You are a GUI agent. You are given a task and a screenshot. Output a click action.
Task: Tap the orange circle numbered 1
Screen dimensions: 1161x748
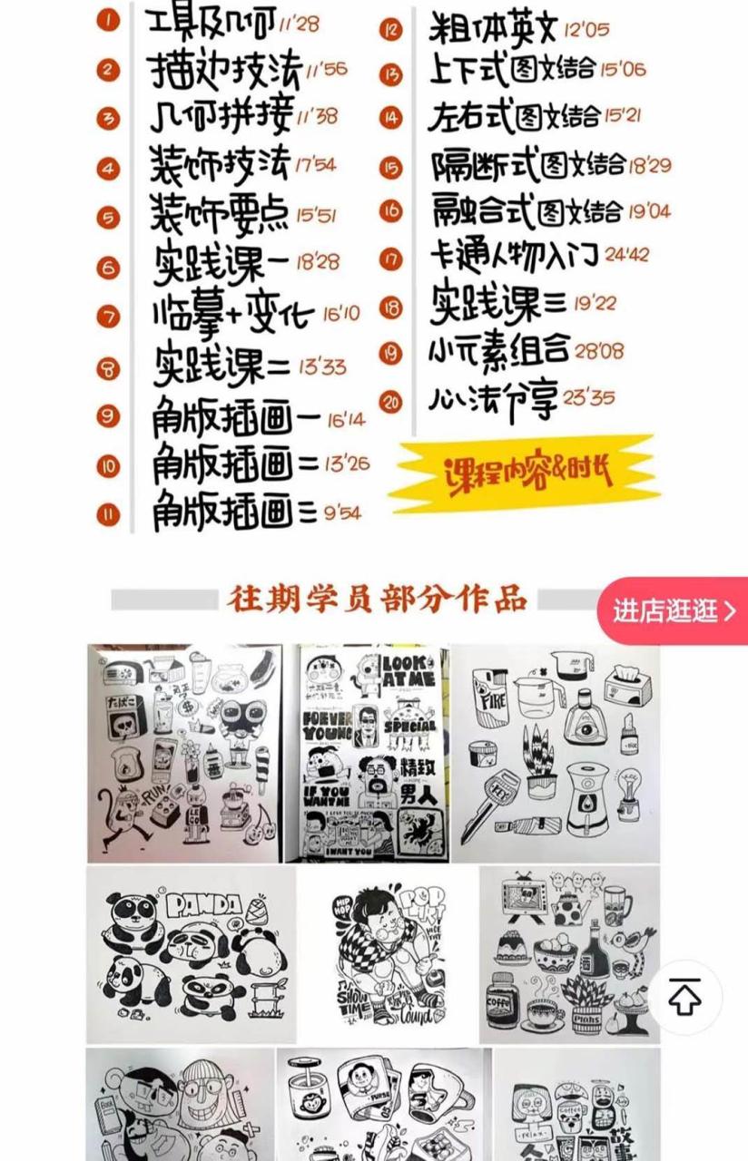(x=108, y=19)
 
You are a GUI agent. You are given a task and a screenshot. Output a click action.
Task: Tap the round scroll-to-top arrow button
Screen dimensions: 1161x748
(x=684, y=998)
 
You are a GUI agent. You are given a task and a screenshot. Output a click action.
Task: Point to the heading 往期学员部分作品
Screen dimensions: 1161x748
(x=377, y=600)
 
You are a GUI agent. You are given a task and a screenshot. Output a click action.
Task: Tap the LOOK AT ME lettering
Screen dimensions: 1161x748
(x=408, y=668)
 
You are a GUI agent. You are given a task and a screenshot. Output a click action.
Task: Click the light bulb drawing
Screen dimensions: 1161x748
(x=628, y=789)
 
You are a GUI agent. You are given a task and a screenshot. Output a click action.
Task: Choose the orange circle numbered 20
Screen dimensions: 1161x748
(x=391, y=402)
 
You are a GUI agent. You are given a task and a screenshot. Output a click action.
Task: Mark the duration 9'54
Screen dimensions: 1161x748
(x=340, y=513)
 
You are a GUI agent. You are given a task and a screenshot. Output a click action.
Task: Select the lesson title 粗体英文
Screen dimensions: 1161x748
(x=491, y=27)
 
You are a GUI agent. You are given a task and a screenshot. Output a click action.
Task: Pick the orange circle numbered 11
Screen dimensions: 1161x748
(x=109, y=514)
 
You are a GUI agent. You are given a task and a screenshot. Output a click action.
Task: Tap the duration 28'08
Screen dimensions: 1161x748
(x=599, y=350)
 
